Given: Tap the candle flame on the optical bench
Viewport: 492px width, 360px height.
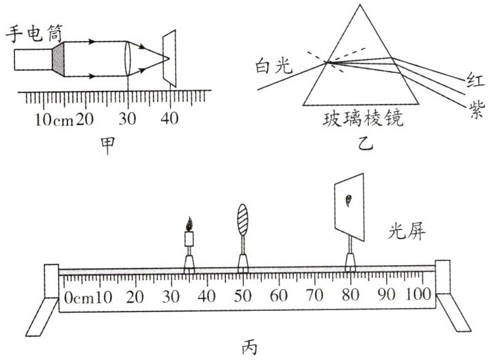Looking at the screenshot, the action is (x=189, y=224).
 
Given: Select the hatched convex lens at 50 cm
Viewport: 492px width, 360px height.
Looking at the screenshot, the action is (x=243, y=220).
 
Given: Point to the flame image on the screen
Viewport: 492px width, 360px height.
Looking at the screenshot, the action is (x=349, y=201).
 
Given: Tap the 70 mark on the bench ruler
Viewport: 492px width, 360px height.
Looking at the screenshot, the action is (x=315, y=296).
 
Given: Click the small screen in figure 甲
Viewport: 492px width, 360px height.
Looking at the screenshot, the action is (x=169, y=60).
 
